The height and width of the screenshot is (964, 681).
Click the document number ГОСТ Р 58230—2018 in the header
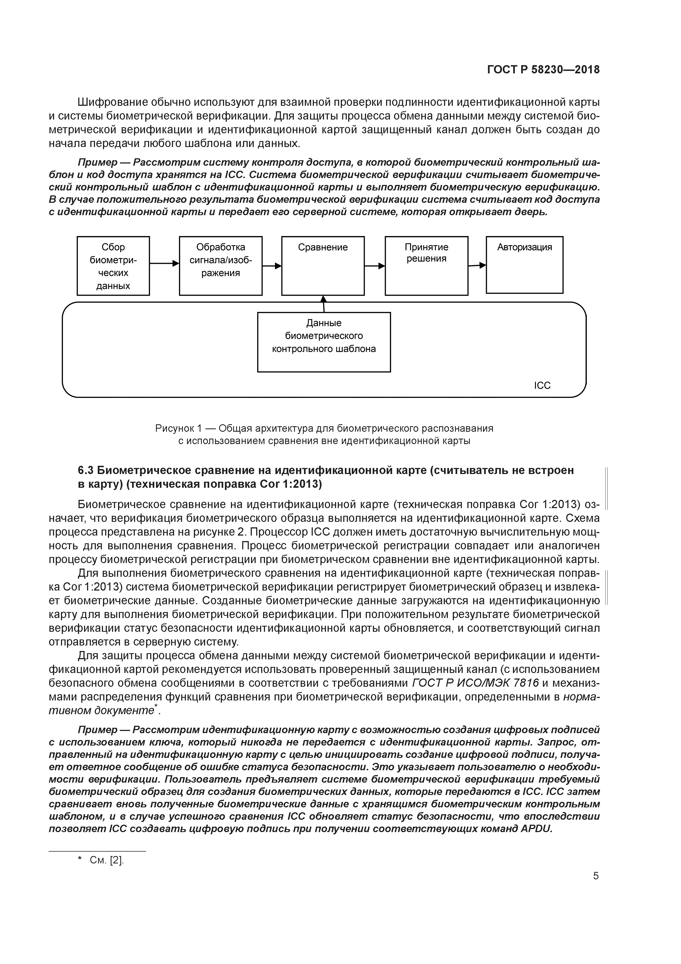(543, 70)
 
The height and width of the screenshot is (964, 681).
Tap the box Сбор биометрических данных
(113, 266)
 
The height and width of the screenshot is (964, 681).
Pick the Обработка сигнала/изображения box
(221, 266)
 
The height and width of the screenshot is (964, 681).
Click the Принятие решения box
(426, 266)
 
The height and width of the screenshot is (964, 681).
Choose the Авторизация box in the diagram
(524, 265)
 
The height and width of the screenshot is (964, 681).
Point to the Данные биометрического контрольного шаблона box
(324, 342)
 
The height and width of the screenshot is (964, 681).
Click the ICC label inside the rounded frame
(542, 386)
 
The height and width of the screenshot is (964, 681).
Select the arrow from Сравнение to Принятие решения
(375, 266)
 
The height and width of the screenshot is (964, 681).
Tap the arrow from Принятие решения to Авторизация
(477, 265)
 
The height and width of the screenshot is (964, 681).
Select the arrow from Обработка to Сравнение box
(272, 266)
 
